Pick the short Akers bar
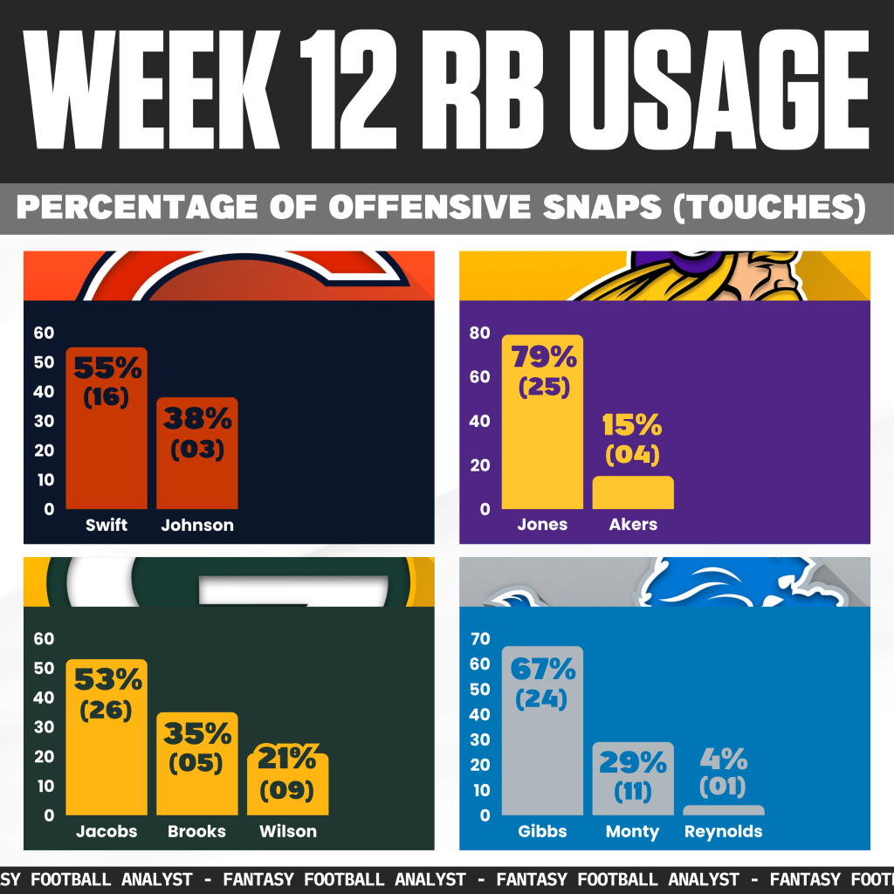tap(633, 493)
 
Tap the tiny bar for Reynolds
tap(724, 810)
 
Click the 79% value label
tap(544, 357)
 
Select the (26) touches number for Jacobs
tap(106, 710)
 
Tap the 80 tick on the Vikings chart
tap(479, 333)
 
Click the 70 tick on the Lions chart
tap(479, 639)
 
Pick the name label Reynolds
tap(724, 832)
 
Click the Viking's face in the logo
tap(768, 275)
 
